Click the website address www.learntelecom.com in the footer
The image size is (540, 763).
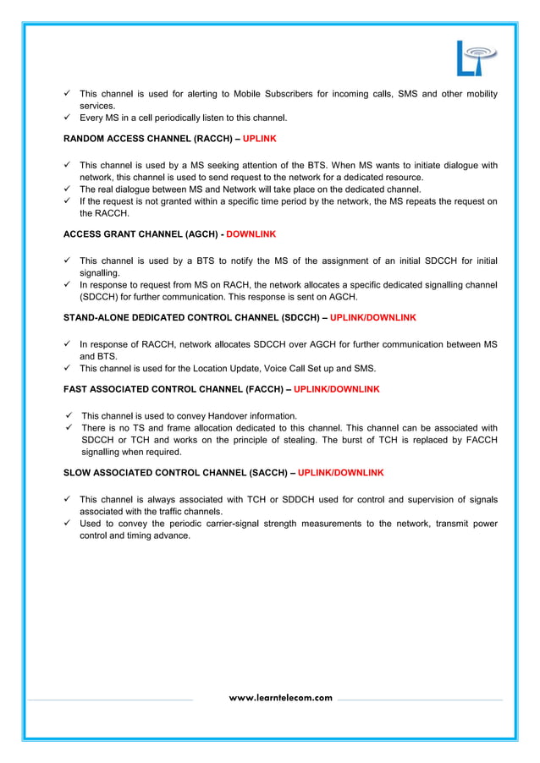281,698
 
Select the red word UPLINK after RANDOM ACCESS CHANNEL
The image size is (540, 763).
259,137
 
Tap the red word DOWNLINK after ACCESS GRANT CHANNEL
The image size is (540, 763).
251,233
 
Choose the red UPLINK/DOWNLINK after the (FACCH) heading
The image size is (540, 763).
337,389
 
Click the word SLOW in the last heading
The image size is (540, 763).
78,472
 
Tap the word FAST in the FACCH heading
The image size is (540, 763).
76,389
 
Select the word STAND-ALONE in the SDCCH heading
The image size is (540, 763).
96,318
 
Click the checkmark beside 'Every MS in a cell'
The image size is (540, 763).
68,118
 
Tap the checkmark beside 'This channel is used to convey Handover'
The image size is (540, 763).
69,415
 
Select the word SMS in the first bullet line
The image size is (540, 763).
407,93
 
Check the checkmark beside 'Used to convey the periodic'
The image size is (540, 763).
68,524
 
